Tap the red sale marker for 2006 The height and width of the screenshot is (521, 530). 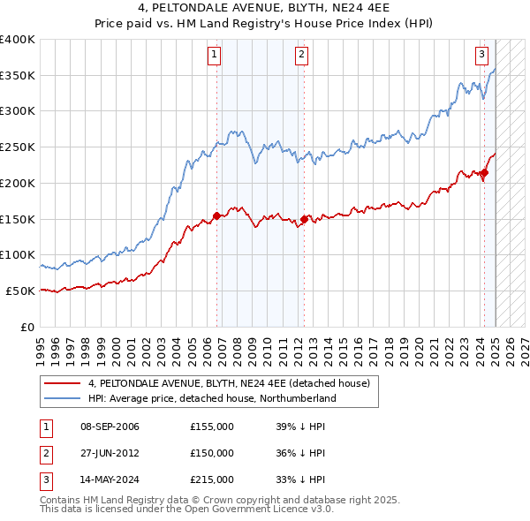click(x=217, y=215)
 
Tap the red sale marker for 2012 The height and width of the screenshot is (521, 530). click(x=304, y=218)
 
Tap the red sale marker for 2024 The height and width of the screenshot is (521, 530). click(x=484, y=172)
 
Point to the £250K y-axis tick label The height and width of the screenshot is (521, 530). click(x=18, y=147)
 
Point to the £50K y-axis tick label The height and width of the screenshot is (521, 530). click(x=20, y=291)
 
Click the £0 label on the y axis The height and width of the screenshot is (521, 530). click(x=27, y=326)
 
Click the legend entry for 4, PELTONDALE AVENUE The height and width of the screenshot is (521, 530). click(x=233, y=383)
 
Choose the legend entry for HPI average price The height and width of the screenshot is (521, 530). click(x=212, y=398)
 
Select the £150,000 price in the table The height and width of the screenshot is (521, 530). click(x=211, y=453)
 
